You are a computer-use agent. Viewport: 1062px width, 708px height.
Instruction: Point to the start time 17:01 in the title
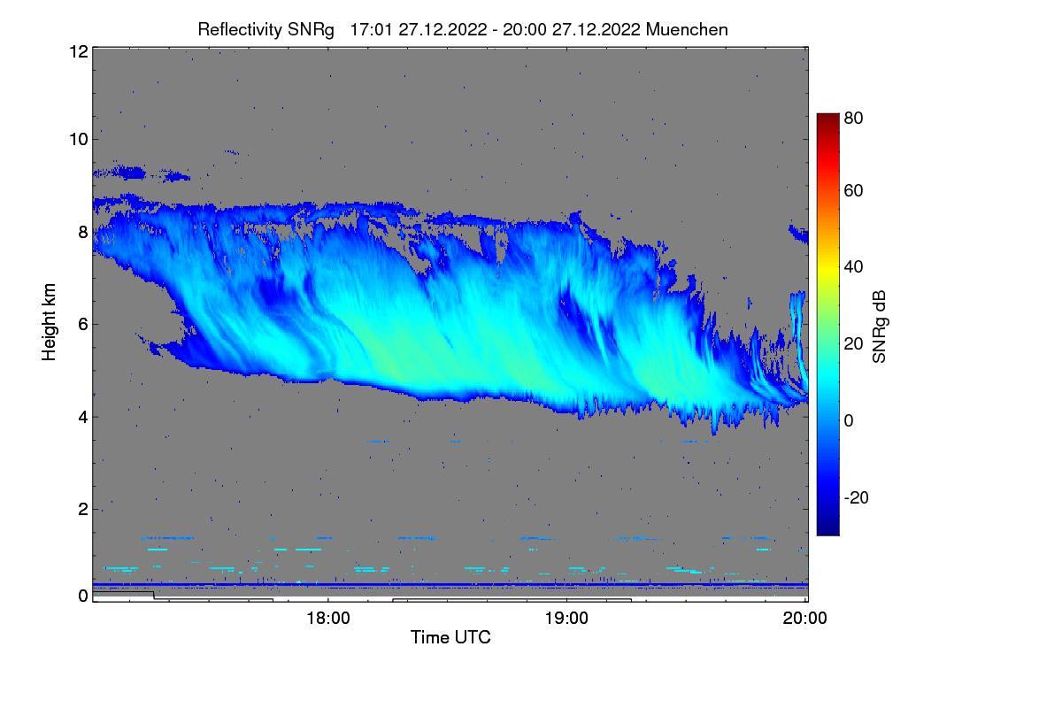373,29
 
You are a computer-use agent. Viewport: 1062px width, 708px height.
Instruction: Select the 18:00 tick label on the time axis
328,619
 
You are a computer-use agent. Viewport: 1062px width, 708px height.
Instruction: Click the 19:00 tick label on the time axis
566,619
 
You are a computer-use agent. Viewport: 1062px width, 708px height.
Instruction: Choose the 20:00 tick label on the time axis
805,619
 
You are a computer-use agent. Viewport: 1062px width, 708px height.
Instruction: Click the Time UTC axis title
450,637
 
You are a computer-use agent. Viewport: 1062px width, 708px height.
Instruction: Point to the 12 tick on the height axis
78,51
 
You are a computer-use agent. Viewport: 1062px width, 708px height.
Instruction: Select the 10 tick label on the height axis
78,139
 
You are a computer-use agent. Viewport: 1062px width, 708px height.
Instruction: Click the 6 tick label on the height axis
83,324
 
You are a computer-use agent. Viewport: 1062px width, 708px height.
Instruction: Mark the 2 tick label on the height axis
83,509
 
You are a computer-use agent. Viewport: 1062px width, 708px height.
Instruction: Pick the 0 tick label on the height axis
83,596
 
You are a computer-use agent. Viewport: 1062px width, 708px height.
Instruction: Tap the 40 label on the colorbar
853,266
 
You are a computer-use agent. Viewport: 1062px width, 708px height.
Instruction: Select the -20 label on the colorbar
857,498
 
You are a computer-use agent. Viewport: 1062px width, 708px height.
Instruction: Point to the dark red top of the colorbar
827,119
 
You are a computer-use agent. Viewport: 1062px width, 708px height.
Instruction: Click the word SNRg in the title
311,29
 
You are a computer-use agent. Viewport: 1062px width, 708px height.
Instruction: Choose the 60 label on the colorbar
853,190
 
